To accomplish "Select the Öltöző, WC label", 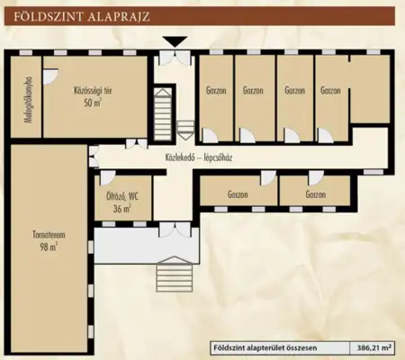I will point(120,195).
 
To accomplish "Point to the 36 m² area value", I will point(120,208).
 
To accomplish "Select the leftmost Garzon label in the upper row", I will point(216,91).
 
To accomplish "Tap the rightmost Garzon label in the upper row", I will point(330,91).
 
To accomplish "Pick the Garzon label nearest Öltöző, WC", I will point(238,195).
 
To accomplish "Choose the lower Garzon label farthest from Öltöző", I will point(315,195).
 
